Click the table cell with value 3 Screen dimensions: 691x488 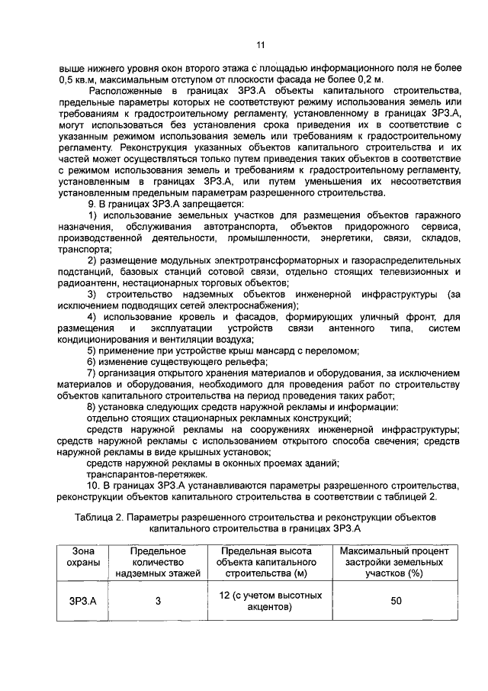point(158,601)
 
